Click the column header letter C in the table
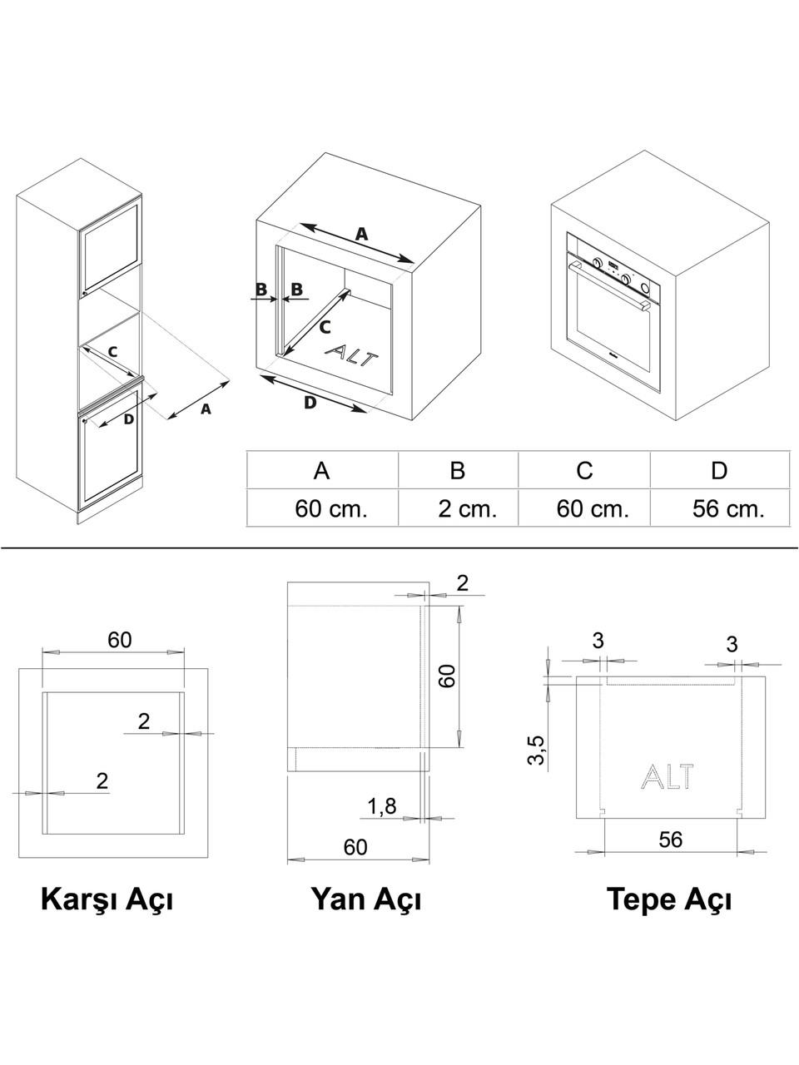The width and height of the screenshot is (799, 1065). coord(584,470)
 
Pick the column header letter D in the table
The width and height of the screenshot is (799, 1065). coord(719,470)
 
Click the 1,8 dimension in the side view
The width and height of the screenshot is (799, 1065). coord(382,806)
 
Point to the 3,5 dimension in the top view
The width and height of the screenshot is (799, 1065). coord(537,750)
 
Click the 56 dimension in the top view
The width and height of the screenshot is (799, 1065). coord(671,840)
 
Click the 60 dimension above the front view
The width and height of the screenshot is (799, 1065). coord(119,640)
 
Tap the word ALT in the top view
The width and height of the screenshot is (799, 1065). coord(667,775)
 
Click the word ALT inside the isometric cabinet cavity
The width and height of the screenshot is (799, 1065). coord(350,355)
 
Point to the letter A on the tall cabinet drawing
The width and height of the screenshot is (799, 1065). coord(206,409)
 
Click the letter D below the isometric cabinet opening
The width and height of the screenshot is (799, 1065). coord(310,402)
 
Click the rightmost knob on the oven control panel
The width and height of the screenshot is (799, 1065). coord(645,288)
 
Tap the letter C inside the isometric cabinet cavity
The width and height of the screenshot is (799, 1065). coord(325,328)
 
